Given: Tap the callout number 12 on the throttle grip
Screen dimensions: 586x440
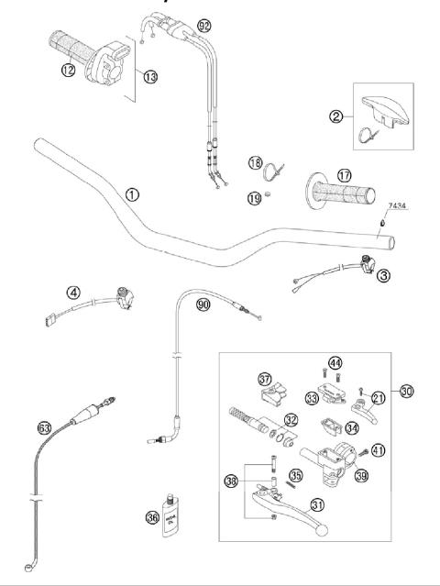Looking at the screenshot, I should pyautogui.click(x=68, y=71).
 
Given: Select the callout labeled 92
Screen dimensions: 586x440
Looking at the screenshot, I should pyautogui.click(x=203, y=23).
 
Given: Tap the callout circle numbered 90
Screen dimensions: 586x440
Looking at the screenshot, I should pyautogui.click(x=203, y=304).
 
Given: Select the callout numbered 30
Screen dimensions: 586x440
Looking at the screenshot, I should pyautogui.click(x=407, y=392).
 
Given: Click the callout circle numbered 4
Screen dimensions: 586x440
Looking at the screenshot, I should pyautogui.click(x=72, y=293).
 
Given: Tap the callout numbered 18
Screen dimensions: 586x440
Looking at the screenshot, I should pyautogui.click(x=256, y=162).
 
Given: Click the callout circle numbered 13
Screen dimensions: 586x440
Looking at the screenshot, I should pyautogui.click(x=149, y=76).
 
